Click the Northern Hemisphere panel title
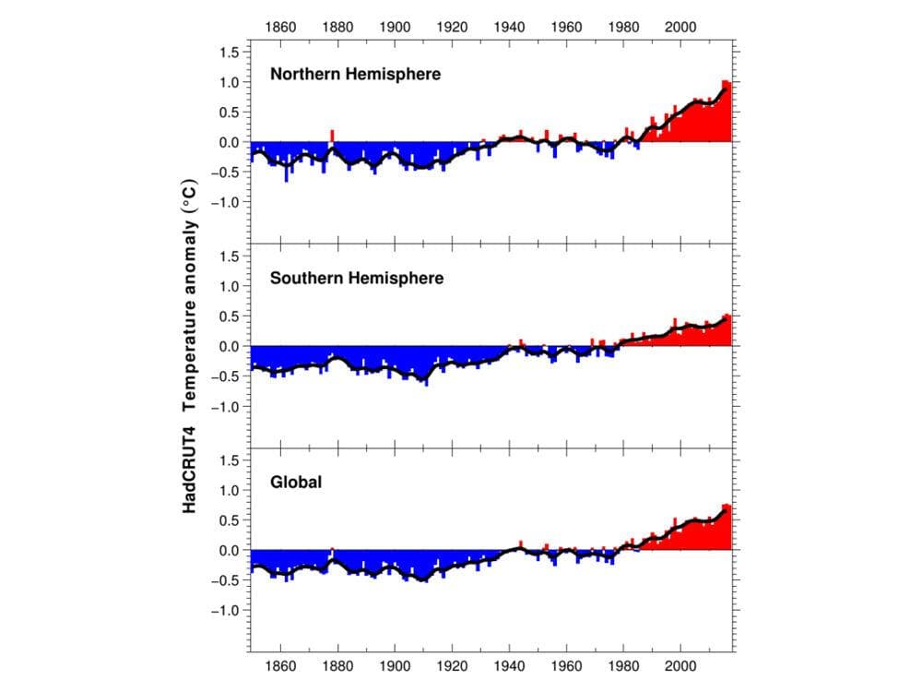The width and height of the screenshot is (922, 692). click(355, 74)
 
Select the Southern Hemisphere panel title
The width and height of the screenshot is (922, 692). click(356, 278)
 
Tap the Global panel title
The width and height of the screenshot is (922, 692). click(296, 482)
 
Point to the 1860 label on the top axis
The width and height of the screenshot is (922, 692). click(280, 27)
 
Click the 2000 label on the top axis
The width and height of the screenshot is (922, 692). click(680, 27)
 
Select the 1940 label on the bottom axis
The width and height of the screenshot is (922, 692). click(509, 665)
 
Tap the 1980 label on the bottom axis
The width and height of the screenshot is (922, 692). click(623, 665)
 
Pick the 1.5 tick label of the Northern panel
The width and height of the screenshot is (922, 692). click(230, 52)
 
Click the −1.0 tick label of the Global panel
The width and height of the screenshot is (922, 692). click(224, 611)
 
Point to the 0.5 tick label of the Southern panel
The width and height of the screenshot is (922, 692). click(230, 316)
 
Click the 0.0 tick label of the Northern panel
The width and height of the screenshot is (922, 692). click(230, 142)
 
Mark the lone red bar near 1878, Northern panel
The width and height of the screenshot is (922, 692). click(333, 135)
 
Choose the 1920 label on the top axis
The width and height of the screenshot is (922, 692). click(452, 27)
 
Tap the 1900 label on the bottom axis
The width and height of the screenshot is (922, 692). click(395, 665)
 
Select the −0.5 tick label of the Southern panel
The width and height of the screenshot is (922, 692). click(224, 376)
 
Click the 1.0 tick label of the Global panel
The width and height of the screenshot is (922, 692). click(230, 490)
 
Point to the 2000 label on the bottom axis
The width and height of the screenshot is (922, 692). click(680, 665)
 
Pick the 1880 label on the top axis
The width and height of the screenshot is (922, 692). click(337, 27)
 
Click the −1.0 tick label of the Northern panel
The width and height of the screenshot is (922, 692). click(224, 202)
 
